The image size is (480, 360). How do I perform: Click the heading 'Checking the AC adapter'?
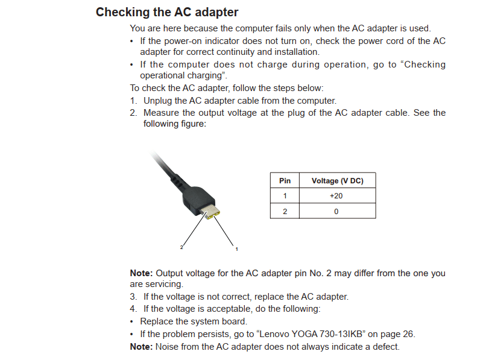point(167,12)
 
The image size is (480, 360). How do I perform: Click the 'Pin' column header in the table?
point(285,180)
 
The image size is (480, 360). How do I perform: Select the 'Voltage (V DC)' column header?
point(337,180)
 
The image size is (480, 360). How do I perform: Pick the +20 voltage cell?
point(336,196)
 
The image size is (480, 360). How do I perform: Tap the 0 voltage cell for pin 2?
point(336,211)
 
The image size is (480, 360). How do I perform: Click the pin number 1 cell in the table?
point(285,196)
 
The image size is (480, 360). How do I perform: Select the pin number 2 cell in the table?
point(285,211)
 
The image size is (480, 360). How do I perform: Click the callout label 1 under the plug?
point(236,248)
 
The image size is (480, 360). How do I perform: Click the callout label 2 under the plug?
point(181,247)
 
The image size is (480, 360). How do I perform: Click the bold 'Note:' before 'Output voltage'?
point(142,273)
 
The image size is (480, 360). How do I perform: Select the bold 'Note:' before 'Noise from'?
point(142,347)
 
